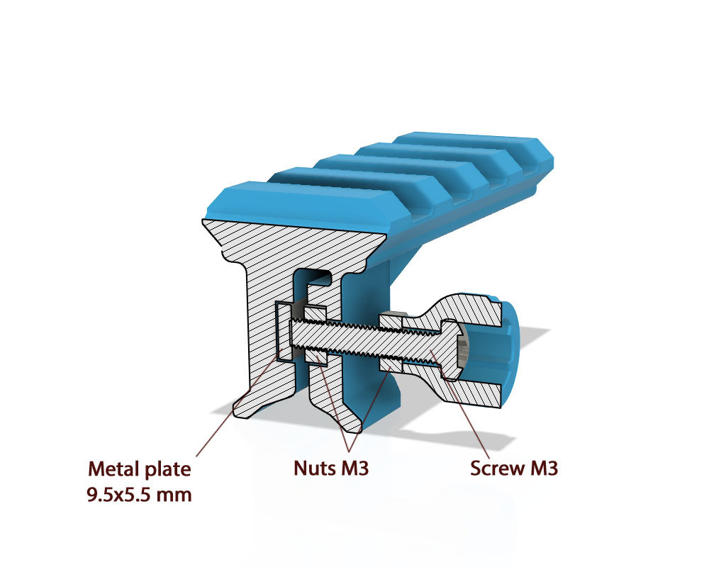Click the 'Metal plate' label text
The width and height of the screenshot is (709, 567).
(140, 468)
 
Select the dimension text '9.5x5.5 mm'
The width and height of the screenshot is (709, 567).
(140, 493)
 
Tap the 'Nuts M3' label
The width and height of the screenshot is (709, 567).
(331, 468)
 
